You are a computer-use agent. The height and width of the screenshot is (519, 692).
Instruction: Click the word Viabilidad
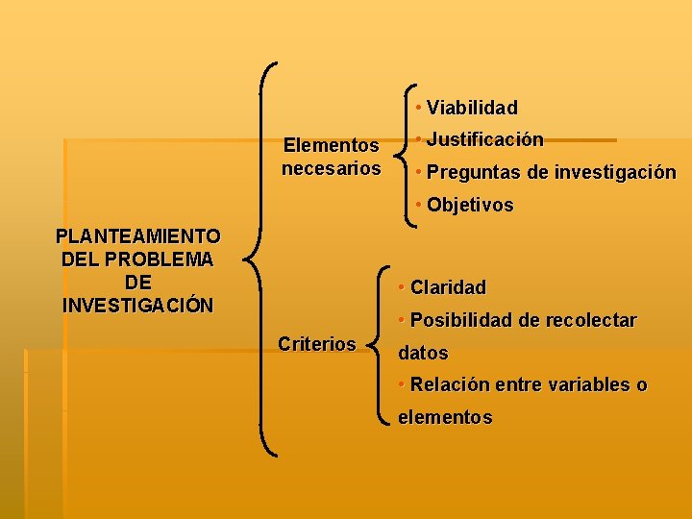coord(472,108)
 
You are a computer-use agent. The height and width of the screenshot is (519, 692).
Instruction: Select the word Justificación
coord(484,140)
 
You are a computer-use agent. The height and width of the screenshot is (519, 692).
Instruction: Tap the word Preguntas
coord(473,173)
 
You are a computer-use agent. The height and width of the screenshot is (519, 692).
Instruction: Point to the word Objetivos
coord(470,206)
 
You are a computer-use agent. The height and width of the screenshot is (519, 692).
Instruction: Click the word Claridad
coord(448,287)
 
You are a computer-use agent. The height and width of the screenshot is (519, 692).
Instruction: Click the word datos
coord(423,353)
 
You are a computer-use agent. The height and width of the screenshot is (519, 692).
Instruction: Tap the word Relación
coord(450,385)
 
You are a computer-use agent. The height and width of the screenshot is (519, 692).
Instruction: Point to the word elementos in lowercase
coord(445,418)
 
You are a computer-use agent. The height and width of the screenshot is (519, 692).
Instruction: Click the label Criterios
coord(316,344)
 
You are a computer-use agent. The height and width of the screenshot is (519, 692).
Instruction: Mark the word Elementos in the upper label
coord(331,146)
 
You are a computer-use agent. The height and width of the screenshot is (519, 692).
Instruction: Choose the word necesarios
coord(331,169)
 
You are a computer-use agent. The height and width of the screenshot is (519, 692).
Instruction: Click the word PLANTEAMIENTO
coord(138,236)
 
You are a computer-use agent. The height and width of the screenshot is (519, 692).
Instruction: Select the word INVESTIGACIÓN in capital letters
coord(138,306)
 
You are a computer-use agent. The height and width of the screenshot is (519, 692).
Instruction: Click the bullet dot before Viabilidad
coord(419,107)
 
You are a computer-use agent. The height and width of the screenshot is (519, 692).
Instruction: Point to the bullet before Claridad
coord(402,286)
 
